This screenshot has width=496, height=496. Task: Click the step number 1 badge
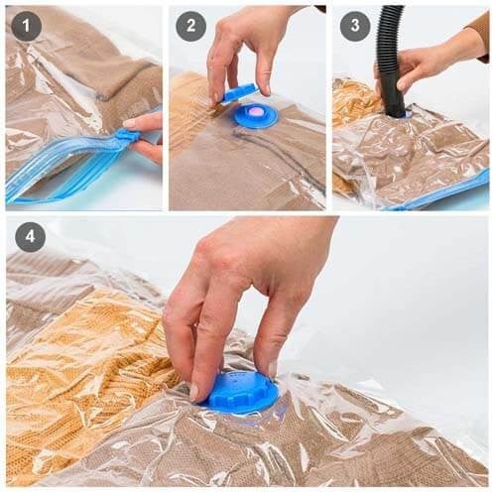pos(26,26)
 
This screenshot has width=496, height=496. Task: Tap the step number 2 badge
pos(190,26)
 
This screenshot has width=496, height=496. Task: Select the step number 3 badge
pos(355,25)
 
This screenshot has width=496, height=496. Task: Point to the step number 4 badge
pos(30,237)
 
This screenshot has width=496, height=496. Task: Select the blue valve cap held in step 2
pos(240,92)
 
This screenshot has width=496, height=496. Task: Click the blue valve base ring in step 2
pos(255,116)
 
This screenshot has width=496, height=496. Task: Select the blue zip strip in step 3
pos(439,190)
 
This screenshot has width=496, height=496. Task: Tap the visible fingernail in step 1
pos(130,123)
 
